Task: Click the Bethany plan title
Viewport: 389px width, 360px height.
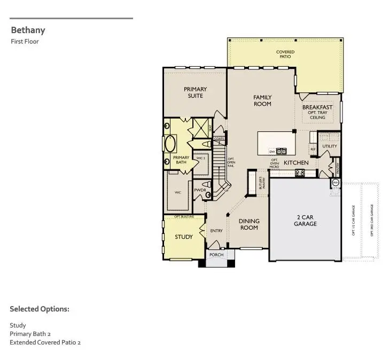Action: [28, 30]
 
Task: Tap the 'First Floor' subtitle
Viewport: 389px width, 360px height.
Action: [25, 42]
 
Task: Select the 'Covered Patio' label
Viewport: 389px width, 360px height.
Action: [285, 54]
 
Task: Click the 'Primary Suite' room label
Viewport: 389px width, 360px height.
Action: [195, 92]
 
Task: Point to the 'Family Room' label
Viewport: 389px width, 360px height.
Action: [262, 100]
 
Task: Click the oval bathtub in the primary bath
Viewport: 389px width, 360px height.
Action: [170, 144]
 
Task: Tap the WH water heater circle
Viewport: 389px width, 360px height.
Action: [336, 183]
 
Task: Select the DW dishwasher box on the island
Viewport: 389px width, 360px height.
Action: [271, 152]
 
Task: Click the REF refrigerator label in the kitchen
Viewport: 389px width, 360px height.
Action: [313, 150]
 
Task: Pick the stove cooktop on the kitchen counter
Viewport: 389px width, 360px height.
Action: [300, 173]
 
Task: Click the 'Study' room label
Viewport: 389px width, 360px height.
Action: [184, 237]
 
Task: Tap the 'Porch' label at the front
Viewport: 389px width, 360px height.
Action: [216, 255]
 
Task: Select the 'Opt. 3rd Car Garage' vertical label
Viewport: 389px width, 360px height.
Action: [371, 220]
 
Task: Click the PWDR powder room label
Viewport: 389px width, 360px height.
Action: [200, 190]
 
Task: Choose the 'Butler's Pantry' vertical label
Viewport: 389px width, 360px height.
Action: [261, 183]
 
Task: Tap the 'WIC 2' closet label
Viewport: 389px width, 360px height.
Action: [200, 159]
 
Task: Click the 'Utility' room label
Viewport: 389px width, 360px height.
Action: [330, 146]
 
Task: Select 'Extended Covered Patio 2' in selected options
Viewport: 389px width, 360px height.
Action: [45, 342]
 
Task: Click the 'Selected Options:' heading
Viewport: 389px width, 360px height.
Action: [40, 309]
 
